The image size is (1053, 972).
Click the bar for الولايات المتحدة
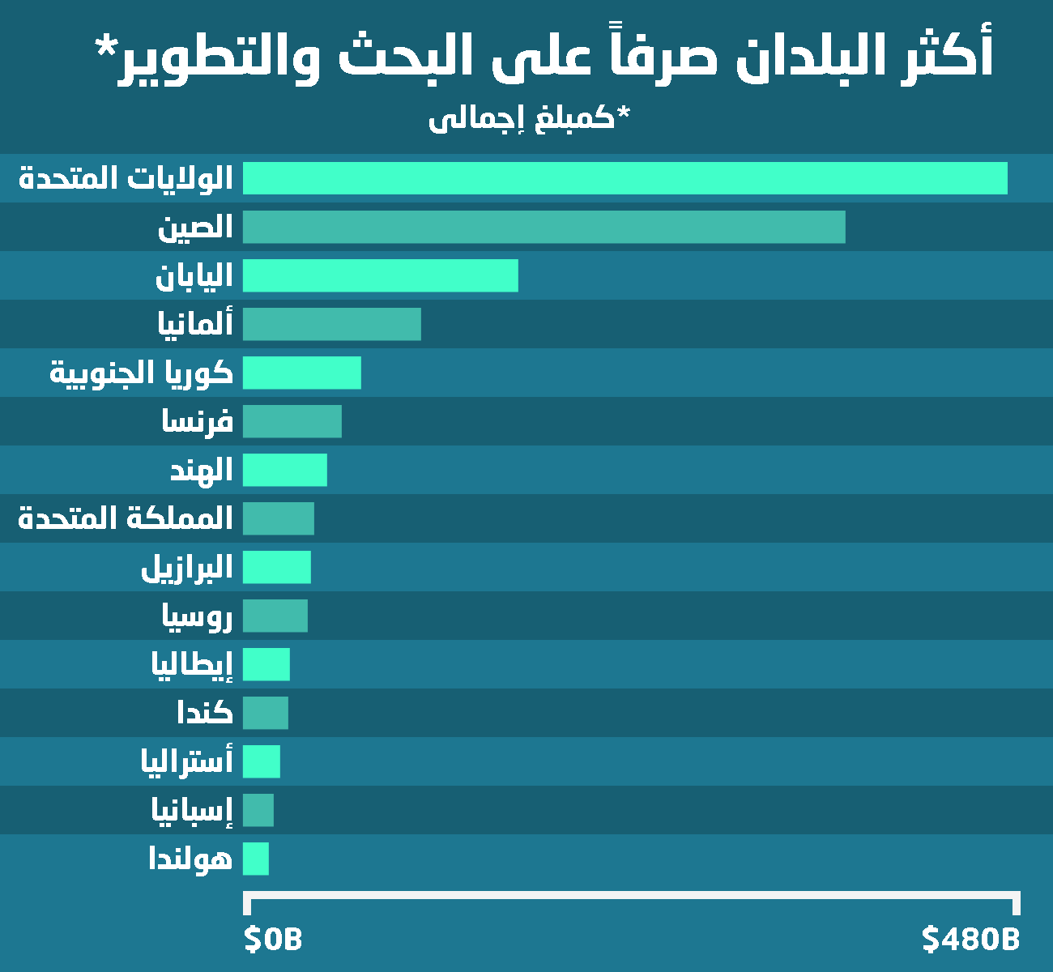click(625, 178)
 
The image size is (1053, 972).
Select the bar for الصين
click(544, 227)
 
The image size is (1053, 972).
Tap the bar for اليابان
click(380, 275)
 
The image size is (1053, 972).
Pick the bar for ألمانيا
click(331, 324)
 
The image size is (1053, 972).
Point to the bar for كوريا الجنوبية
click(301, 373)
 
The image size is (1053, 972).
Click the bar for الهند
click(284, 470)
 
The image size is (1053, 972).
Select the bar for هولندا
click(255, 859)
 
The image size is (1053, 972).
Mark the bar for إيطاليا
click(266, 664)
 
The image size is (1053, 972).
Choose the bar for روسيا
click(275, 616)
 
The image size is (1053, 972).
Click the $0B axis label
click(273, 940)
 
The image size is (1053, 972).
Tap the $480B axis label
click(970, 940)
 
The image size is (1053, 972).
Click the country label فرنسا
click(198, 421)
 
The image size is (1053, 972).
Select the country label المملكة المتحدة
click(126, 518)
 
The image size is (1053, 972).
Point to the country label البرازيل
click(187, 567)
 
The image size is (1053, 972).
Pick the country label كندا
click(205, 713)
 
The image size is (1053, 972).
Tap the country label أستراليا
click(187, 761)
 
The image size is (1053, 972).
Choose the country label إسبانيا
click(192, 810)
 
